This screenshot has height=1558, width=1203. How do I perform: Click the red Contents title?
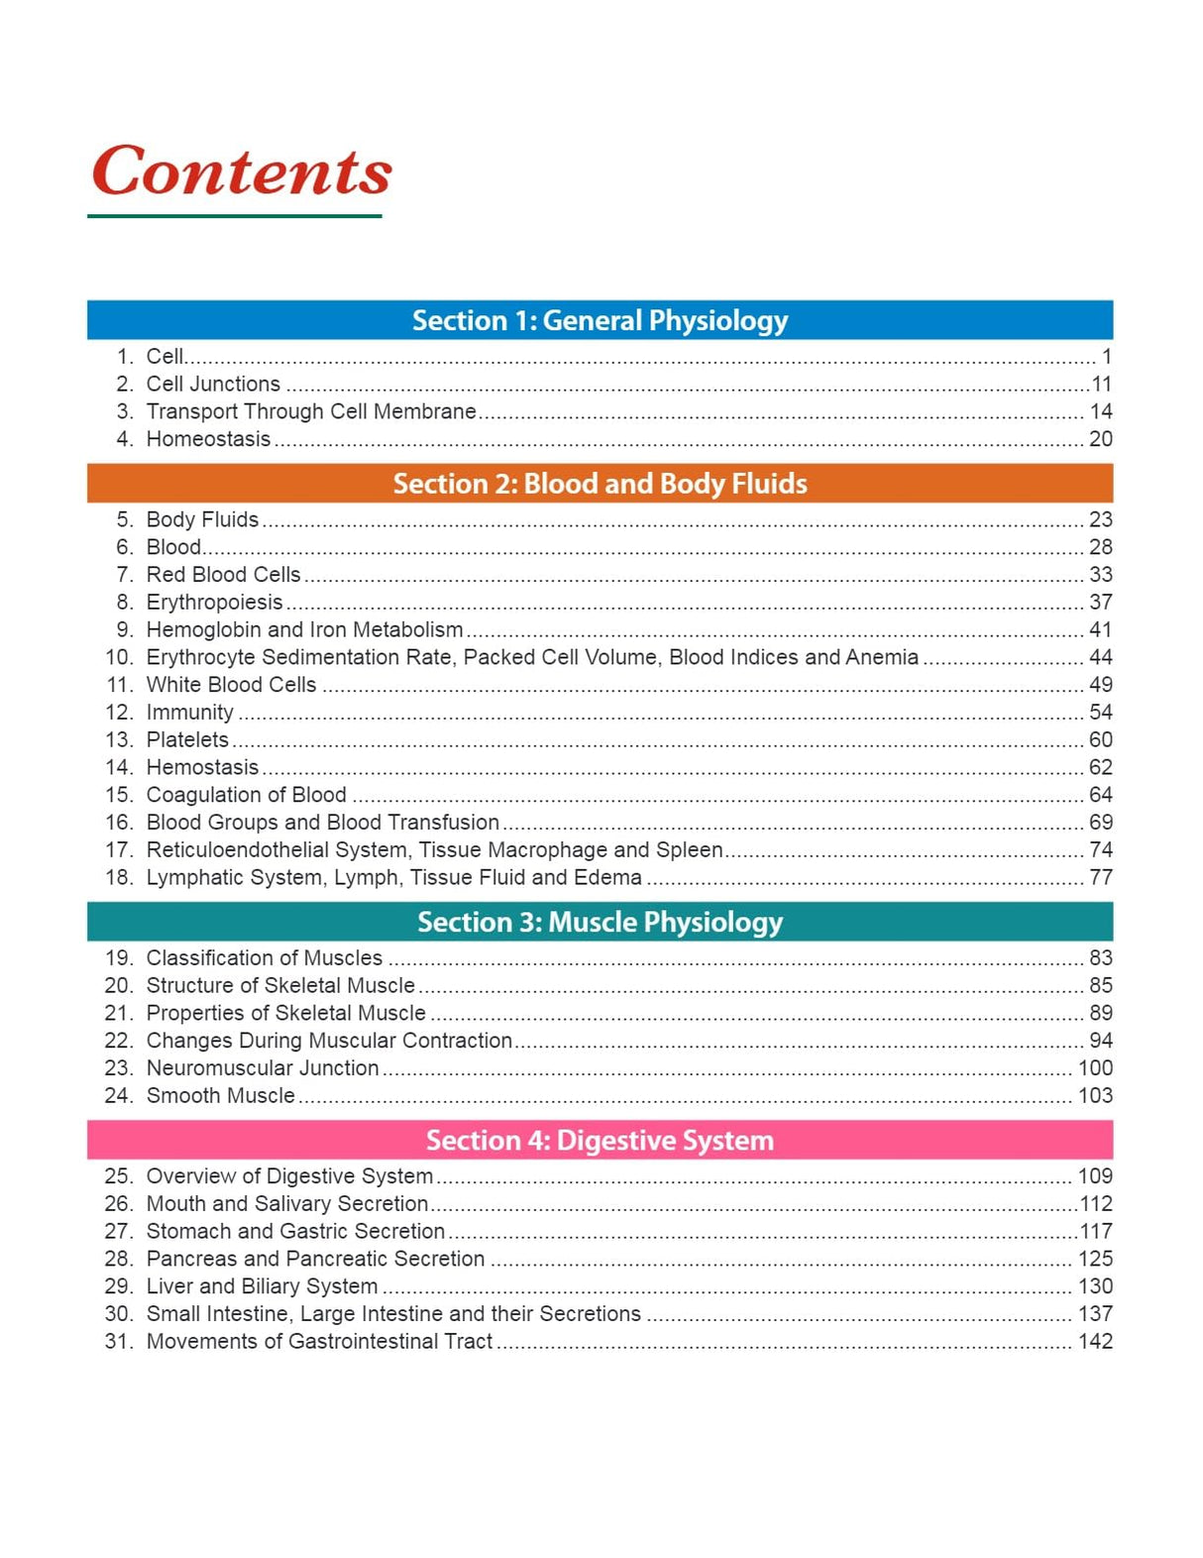point(241,171)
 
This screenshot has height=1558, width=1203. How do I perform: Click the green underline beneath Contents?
point(234,216)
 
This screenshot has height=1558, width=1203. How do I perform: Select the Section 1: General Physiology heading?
point(600,320)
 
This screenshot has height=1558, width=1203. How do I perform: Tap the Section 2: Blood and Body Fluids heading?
point(600,484)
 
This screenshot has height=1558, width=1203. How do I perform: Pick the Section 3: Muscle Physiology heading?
point(600,922)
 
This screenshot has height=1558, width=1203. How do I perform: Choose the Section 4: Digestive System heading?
point(600,1140)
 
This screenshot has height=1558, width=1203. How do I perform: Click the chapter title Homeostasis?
point(208,439)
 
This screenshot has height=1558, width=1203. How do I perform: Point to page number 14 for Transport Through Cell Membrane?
point(1100,411)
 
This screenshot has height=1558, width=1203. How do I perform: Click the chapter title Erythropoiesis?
point(214,602)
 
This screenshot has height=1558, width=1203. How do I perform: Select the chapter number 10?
point(118,657)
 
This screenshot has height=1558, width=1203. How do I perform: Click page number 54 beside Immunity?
point(1100,712)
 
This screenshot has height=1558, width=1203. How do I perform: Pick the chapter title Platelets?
point(187,739)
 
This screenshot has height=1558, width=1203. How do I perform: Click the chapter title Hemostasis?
point(202,767)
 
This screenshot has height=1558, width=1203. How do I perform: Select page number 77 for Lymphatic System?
point(1100,877)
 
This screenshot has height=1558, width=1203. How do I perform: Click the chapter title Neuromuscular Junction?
point(263,1067)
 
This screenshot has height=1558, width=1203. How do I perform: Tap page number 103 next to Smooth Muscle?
point(1095,1095)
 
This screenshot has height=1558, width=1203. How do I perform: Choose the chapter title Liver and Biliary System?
point(262,1285)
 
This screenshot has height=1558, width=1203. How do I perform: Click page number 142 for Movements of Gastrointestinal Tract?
point(1095,1341)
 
